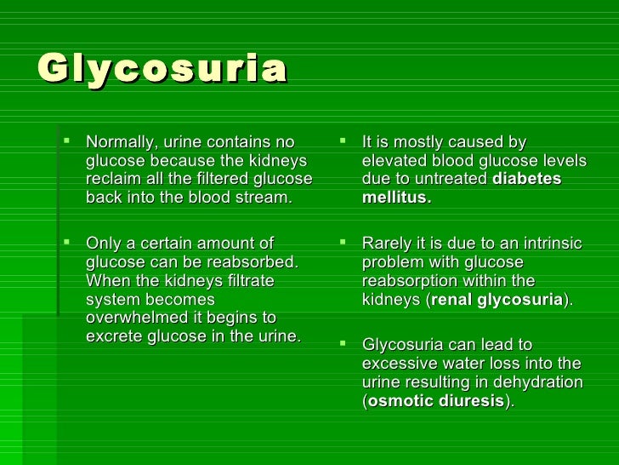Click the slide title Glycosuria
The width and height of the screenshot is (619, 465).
162,70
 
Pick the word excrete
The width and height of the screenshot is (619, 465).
113,337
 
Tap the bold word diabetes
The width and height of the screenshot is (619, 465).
527,180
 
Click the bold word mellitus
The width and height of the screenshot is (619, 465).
395,198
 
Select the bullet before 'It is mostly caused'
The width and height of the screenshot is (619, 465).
343,142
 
